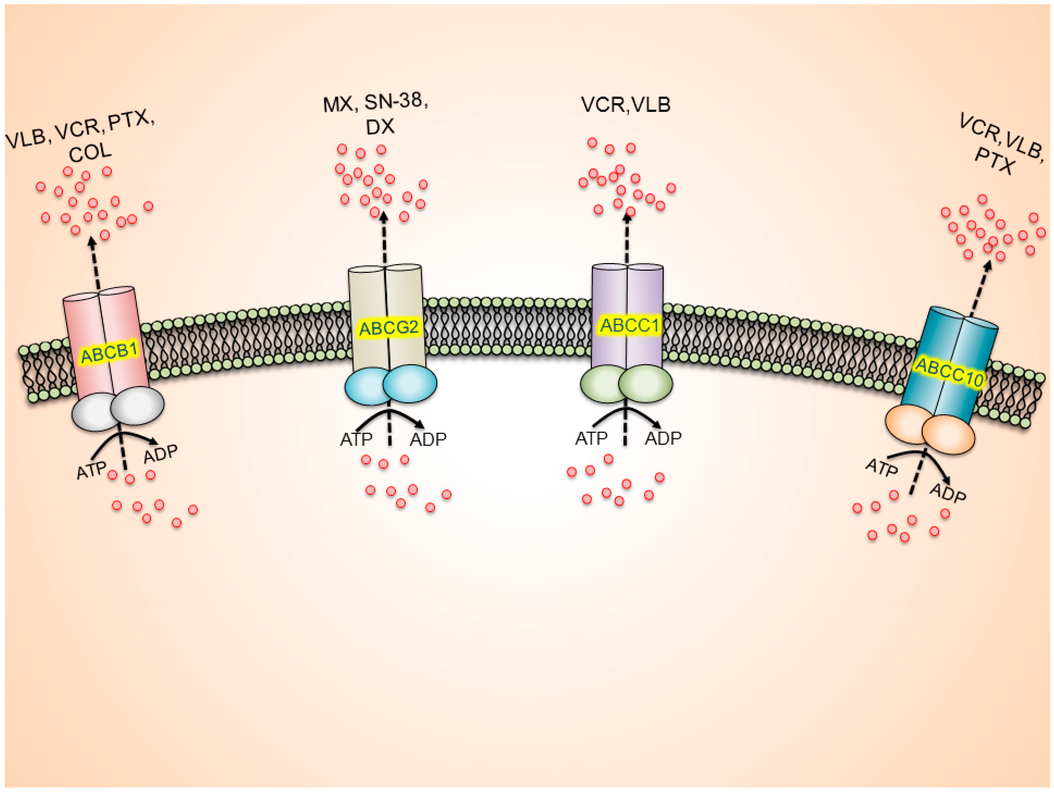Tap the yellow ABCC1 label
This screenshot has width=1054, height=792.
tap(630, 325)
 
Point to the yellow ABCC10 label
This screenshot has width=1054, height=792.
tap(949, 372)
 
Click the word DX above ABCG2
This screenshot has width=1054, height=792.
tap(380, 127)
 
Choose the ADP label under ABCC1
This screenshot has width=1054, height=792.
tap(663, 438)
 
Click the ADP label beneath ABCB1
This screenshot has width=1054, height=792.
tap(161, 454)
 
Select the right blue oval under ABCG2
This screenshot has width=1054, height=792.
tap(410, 384)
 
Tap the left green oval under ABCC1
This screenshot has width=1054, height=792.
tap(601, 384)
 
